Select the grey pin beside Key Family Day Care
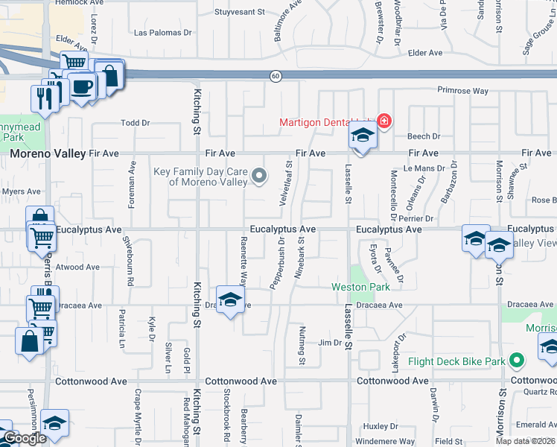[259, 176]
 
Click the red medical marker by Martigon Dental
[384, 121]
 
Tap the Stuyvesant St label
[240, 12]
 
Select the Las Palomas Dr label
[162, 33]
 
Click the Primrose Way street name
[462, 90]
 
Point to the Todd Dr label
[136, 123]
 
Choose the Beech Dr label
[424, 136]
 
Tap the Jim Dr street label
[329, 343]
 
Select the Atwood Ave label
[77, 267]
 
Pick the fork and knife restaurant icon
[44, 97]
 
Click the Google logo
[24, 438]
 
